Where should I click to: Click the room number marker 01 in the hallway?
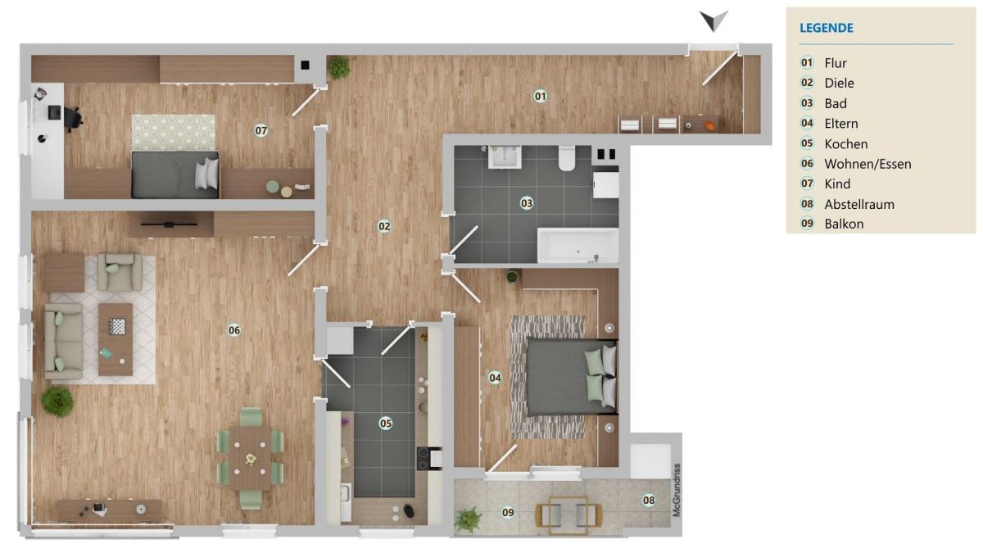pos(540,96)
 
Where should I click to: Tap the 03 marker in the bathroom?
pos(526,203)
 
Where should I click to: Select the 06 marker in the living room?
pos(234,330)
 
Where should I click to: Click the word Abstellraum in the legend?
pos(858,205)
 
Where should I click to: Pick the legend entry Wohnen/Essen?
pos(867,164)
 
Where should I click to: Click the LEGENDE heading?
pos(827,28)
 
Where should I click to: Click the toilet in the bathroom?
pos(567,158)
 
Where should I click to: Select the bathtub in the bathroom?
pos(578,246)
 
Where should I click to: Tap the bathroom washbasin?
pos(505,157)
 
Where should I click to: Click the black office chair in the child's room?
pos(73,119)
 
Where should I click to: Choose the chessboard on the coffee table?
pos(116,327)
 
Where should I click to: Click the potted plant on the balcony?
pos(468,520)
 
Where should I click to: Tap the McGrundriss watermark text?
pos(677,490)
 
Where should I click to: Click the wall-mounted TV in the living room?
pos(169,224)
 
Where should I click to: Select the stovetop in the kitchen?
pos(429,459)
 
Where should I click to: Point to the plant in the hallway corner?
pos(339,67)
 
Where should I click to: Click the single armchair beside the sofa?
pos(120,272)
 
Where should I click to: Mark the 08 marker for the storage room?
pos(649,500)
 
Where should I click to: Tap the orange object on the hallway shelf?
pos(711,126)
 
